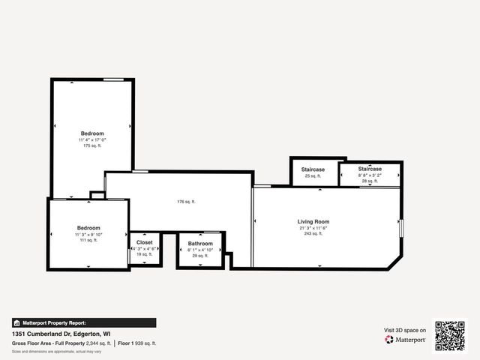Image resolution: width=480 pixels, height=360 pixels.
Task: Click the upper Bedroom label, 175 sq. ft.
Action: point(92,133)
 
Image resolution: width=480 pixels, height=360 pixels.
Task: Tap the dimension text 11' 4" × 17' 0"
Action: point(92,139)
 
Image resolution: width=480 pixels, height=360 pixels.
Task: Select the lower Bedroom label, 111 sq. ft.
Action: point(88,228)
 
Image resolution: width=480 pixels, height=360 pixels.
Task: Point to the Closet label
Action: point(145,243)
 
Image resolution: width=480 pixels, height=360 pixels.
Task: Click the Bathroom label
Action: point(200,244)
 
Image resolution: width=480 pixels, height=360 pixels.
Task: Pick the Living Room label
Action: point(313,222)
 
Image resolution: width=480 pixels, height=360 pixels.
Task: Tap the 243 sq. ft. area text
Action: point(313,234)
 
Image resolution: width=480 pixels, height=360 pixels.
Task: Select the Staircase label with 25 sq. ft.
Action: point(313,169)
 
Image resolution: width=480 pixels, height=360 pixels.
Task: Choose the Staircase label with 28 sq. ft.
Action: point(370,169)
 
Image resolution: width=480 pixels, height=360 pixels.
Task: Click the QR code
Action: point(450,335)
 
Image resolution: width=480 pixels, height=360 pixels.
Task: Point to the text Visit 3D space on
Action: point(405,330)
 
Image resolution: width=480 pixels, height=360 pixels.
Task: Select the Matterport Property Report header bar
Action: point(84,322)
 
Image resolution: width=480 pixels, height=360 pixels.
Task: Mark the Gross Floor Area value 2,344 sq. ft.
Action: point(97,343)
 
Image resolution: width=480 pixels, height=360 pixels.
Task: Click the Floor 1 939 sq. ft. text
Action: point(137,343)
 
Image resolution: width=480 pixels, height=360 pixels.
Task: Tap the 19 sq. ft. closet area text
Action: point(145,255)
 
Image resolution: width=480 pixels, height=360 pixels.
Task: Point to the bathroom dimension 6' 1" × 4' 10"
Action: point(200,250)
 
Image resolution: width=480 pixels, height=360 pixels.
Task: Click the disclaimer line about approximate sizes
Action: point(57,351)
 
